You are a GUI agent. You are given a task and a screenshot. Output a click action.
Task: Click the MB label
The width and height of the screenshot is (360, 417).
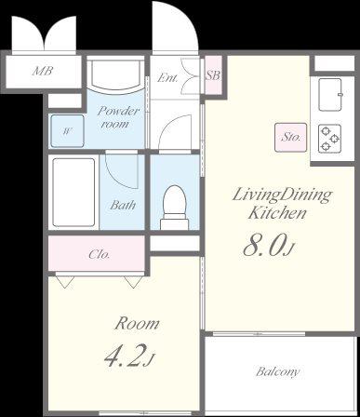pyautogui.click(x=43, y=71)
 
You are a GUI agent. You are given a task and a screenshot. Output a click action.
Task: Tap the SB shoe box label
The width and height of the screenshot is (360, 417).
pyautogui.click(x=213, y=75)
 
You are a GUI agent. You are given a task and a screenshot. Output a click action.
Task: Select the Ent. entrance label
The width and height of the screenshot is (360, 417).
pyautogui.click(x=167, y=77)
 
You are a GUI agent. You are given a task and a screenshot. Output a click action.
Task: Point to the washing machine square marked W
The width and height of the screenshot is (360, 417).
pyautogui.click(x=67, y=131)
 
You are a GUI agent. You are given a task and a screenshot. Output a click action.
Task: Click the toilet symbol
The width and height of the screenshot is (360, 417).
pyautogui.click(x=175, y=208)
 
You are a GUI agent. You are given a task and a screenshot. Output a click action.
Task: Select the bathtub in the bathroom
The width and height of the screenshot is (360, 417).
pyautogui.click(x=73, y=193)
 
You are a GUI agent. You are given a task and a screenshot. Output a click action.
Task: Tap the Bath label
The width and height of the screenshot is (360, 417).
pyautogui.click(x=123, y=205)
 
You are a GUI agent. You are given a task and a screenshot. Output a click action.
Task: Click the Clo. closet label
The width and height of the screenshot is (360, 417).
pyautogui.click(x=100, y=254)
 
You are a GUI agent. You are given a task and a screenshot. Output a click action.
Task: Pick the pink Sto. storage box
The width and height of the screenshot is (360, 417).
pyautogui.click(x=291, y=138)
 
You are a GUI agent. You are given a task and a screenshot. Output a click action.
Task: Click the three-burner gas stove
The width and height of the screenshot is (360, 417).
pyautogui.click(x=330, y=139)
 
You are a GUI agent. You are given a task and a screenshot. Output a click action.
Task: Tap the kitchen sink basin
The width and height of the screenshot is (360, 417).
pyautogui.click(x=330, y=95)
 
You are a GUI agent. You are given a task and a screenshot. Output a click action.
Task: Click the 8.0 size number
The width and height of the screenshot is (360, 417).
pyautogui.click(x=264, y=246)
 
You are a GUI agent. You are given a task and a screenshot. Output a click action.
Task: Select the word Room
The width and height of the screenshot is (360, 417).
pyautogui.click(x=137, y=324)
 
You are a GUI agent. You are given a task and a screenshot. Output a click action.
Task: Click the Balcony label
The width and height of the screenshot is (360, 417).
pyautogui.click(x=278, y=371)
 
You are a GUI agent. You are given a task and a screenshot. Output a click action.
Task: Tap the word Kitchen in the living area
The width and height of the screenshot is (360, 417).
pyautogui.click(x=277, y=213)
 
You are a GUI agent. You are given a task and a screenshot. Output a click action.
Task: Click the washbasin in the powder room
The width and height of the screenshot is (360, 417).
pyautogui.click(x=116, y=74)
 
